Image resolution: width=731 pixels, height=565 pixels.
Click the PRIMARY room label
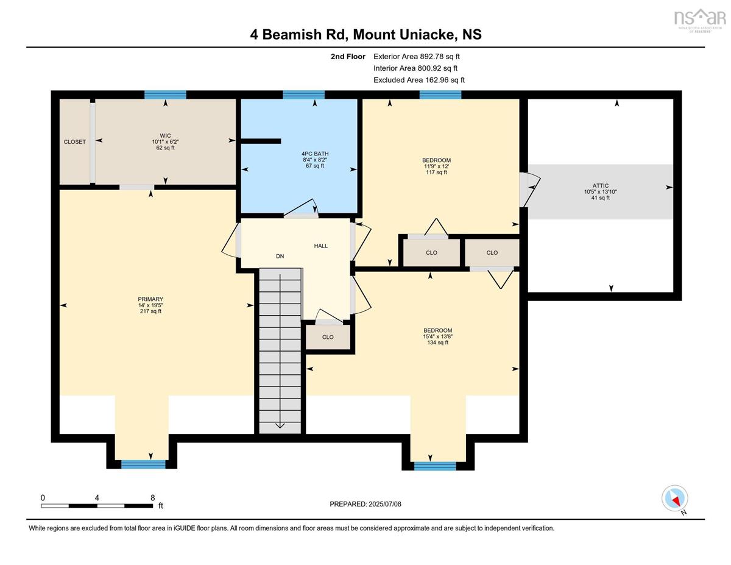point(150,299)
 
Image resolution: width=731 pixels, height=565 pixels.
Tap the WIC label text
point(165,136)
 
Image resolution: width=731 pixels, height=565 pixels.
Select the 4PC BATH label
point(315,154)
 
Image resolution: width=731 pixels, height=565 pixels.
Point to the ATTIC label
point(601,186)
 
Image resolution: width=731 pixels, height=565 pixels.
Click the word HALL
point(321,246)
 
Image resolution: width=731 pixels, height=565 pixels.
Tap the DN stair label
point(280,256)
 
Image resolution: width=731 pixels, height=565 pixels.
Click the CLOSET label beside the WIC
point(75,142)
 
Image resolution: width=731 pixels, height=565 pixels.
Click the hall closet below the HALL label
point(328,337)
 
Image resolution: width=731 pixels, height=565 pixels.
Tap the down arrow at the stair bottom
point(280,425)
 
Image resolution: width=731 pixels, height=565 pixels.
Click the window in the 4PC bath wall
point(303,94)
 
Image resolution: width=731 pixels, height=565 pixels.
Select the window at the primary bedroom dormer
point(143,464)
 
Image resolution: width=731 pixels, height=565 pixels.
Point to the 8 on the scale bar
point(153,498)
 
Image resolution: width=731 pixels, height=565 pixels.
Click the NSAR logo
point(699,20)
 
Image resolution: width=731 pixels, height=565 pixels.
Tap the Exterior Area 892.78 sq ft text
point(417,57)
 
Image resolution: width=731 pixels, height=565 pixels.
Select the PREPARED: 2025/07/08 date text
point(365,504)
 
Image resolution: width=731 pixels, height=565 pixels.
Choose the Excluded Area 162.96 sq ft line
point(419,80)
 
